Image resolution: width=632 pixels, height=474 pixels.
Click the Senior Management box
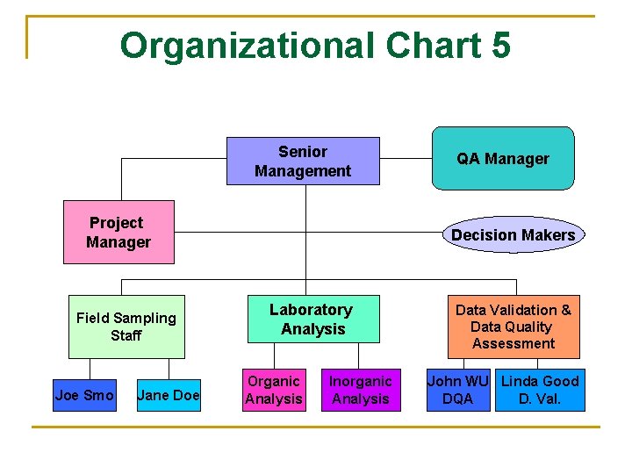click(303, 161)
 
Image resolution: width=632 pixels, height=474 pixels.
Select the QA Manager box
click(502, 159)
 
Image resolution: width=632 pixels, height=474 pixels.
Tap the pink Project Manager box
click(118, 233)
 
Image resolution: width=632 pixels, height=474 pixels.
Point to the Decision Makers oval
click(513, 234)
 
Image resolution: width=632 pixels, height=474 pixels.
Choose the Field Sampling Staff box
click(126, 327)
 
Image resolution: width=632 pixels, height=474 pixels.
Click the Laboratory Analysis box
click(312, 320)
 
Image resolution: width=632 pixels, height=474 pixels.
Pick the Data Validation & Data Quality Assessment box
click(513, 327)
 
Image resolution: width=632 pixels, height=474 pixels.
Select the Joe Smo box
click(84, 395)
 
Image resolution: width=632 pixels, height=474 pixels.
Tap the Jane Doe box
click(169, 395)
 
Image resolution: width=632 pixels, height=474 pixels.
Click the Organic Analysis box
click(274, 390)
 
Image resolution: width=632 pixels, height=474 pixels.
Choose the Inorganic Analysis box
click(360, 390)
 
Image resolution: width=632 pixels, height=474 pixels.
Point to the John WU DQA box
click(458, 390)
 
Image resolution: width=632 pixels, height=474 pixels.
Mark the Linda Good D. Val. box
click(539, 390)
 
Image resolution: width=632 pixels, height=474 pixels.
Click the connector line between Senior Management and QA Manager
click(406, 160)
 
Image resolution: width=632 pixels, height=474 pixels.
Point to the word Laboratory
click(311, 310)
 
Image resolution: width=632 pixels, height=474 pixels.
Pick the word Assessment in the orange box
click(513, 343)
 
